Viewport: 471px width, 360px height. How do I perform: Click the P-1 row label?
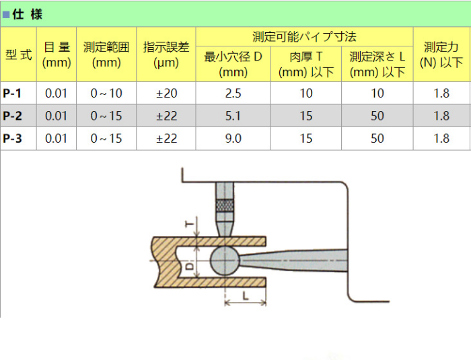pyautogui.click(x=12, y=93)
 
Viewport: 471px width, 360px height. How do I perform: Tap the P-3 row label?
pyautogui.click(x=12, y=138)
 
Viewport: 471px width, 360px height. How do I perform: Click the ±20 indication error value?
pyautogui.click(x=166, y=93)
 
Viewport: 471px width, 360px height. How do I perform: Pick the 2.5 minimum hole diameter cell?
pyautogui.click(x=233, y=93)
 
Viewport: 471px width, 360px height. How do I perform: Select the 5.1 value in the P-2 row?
pyautogui.click(x=233, y=116)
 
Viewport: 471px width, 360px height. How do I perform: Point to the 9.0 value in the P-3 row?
pyautogui.click(x=233, y=138)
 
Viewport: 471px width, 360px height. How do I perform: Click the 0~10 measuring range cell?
pyautogui.click(x=106, y=93)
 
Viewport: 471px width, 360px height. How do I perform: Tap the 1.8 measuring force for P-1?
pyautogui.click(x=441, y=93)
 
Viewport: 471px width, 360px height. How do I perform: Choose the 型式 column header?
pyautogui.click(x=19, y=55)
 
